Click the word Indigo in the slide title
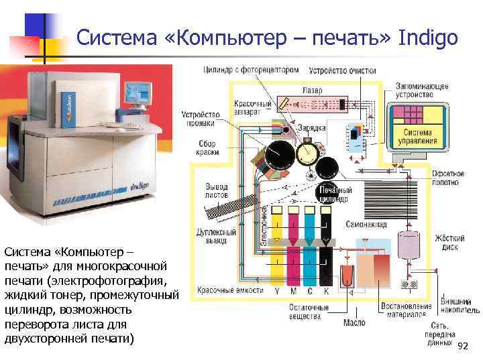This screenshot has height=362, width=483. click(427, 38)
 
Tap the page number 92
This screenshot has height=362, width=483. click(462, 346)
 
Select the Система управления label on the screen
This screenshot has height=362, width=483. click(418, 137)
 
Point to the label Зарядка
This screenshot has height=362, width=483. click(315, 128)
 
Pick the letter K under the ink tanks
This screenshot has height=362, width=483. click(326, 292)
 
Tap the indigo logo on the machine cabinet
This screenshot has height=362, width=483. click(139, 180)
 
